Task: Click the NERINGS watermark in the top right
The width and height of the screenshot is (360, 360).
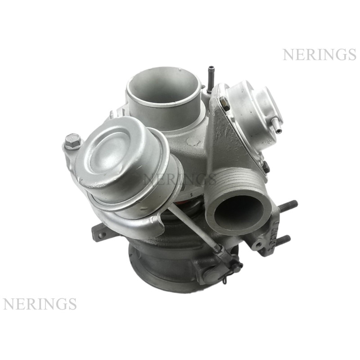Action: click(319, 54)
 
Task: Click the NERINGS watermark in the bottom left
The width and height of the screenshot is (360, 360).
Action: click(40, 304)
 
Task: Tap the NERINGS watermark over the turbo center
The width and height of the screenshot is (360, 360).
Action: click(180, 179)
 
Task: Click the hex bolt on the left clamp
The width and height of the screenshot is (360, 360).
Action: click(73, 140)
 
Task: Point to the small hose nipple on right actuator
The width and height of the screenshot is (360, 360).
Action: click(276, 125)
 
